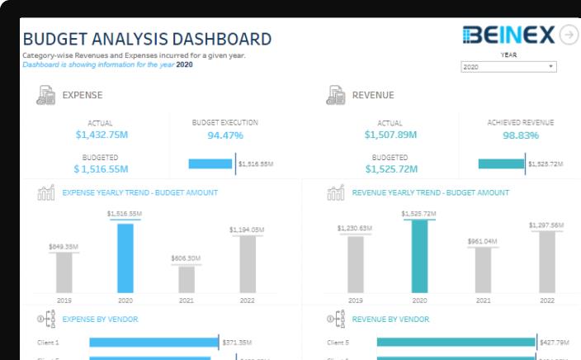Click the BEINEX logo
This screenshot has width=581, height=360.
click(509, 35)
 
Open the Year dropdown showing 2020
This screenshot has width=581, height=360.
click(508, 67)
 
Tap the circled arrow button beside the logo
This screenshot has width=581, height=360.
click(569, 35)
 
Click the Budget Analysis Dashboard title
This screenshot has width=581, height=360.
click(147, 39)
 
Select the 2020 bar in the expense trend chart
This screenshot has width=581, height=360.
click(125, 258)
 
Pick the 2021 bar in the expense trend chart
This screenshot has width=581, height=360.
click(187, 278)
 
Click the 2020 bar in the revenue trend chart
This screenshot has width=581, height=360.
click(419, 256)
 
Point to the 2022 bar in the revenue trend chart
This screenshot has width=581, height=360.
click(547, 261)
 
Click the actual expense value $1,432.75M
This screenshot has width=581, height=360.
click(102, 135)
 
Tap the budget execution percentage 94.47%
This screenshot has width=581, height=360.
click(225, 135)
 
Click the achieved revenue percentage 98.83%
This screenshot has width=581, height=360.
click(521, 135)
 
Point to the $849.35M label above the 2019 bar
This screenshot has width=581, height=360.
click(64, 246)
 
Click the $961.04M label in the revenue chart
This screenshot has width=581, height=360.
click(483, 241)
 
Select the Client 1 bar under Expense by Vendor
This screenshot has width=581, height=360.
click(154, 342)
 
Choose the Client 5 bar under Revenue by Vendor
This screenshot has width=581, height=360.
click(456, 342)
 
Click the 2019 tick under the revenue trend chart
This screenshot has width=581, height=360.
click(356, 301)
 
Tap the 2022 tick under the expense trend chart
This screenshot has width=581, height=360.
click(247, 301)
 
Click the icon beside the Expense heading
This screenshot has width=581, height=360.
click(46, 95)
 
